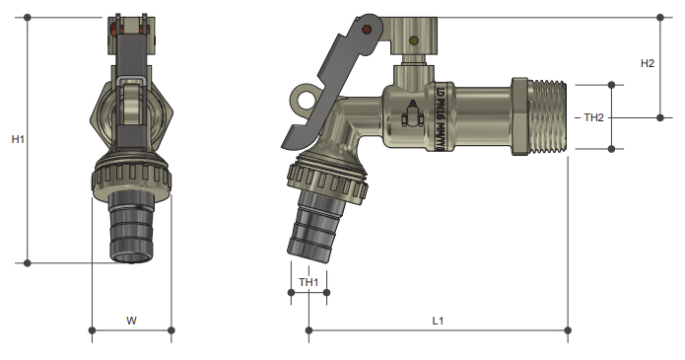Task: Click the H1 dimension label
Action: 18,140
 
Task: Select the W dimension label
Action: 131,321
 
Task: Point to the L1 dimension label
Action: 439,321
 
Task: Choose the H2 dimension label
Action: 648,63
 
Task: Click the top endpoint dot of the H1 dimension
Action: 27,18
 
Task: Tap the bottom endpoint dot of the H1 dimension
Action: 27,262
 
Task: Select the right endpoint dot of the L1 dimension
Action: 567,329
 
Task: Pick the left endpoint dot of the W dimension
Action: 92,329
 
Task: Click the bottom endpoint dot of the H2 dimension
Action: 661,117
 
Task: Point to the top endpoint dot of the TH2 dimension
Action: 612,86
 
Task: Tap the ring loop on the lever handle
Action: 303,99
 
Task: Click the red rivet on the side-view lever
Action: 367,31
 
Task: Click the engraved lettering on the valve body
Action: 440,115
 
